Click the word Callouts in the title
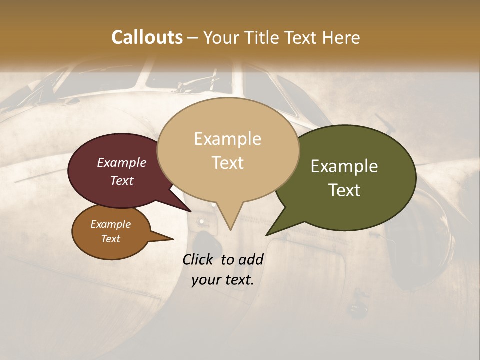point(147,37)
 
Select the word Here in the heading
point(339,37)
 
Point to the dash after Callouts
point(193,38)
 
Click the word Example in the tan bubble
point(227,139)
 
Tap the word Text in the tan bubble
point(227,163)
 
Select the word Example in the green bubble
point(344,166)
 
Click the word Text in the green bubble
point(344,190)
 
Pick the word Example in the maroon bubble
point(121,162)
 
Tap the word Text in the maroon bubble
point(121,180)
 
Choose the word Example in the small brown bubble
point(110,224)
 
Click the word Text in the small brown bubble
point(110,239)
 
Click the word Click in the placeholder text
point(198,260)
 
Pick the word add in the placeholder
point(251,260)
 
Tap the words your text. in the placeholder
point(222,280)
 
